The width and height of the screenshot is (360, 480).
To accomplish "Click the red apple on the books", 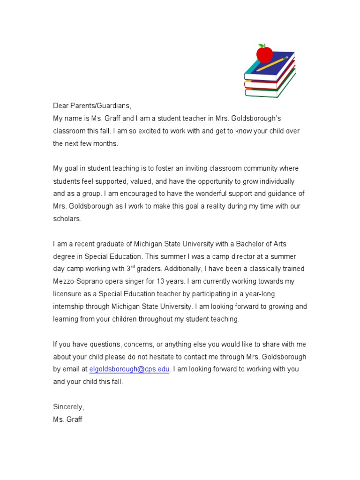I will [264, 53].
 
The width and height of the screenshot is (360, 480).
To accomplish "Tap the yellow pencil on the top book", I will [271, 64].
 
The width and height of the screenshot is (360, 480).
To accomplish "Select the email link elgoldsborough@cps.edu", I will [129, 369].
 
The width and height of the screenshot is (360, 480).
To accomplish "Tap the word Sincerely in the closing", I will [68, 407].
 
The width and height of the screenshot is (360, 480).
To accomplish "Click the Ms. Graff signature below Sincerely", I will [67, 420].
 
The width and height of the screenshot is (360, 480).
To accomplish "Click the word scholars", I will [67, 219].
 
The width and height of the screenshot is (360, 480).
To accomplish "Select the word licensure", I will [68, 294].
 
